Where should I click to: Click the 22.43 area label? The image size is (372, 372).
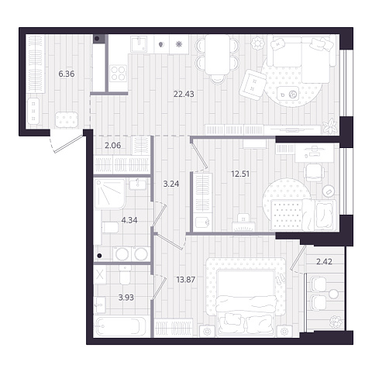tap(184, 94)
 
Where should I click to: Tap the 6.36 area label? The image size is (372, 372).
tap(67, 74)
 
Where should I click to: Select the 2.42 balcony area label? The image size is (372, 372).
tap(324, 262)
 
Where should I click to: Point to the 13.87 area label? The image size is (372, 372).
tap(186, 279)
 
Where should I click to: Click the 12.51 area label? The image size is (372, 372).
tap(240, 174)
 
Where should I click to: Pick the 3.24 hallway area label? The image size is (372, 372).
tap(171, 184)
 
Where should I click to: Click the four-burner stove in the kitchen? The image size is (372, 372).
tap(119, 74)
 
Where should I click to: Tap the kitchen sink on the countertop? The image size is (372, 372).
tap(139, 44)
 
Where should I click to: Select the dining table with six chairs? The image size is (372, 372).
tap(217, 59)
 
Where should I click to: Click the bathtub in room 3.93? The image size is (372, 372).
tap(121, 326)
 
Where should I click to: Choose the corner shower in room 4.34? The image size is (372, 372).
tap(110, 194)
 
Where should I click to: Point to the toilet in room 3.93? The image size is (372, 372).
tap(126, 275)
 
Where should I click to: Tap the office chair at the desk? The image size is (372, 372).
tap(315, 172)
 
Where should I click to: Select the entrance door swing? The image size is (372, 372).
tap(67, 143)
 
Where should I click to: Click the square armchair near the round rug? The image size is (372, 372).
tap(253, 84)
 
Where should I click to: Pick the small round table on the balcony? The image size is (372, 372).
tap(333, 294)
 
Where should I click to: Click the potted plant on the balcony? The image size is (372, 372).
tap(336, 322)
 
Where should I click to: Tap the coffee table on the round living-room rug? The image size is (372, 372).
tap(288, 94)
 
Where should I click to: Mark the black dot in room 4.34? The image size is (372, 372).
tap(99, 256)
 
